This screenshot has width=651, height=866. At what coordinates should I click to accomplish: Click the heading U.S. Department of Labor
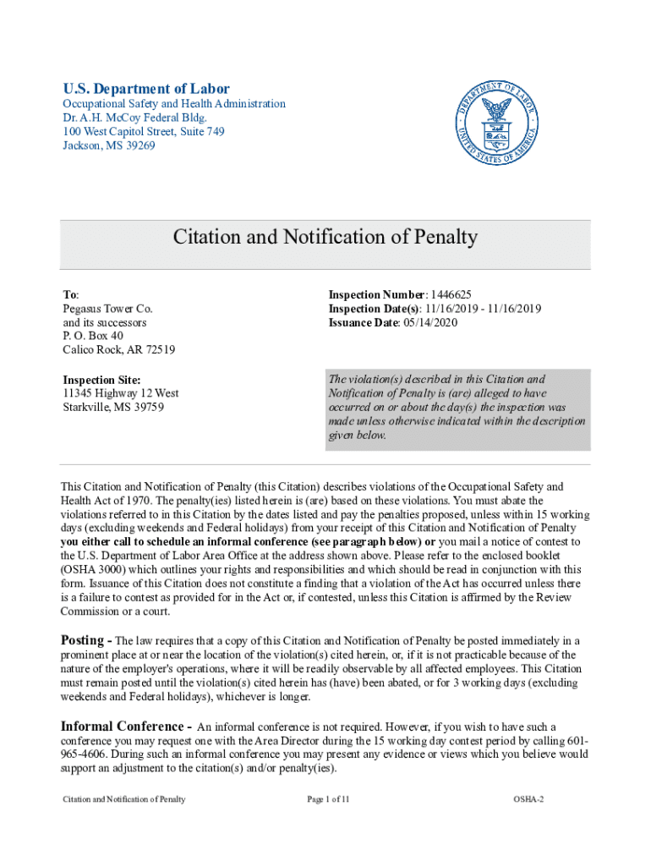pos(146,89)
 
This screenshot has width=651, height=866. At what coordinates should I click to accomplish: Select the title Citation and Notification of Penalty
pos(325,237)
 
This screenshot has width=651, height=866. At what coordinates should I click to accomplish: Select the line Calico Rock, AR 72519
pos(119,350)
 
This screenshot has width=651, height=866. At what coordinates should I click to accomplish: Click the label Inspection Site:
pos(101,380)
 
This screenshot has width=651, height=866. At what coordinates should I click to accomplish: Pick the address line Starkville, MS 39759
pos(113,407)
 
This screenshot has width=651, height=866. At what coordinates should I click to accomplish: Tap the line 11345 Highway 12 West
pos(121,393)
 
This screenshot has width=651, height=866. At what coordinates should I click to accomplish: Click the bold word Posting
pos(85,640)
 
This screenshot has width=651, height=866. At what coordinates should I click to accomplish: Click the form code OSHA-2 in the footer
pos(528,799)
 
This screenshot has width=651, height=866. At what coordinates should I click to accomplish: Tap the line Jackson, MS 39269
pos(109,145)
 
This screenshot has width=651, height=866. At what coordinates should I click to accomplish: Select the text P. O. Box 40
pos(93,337)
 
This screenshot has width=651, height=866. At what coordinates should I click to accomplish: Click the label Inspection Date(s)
pos(369,309)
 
